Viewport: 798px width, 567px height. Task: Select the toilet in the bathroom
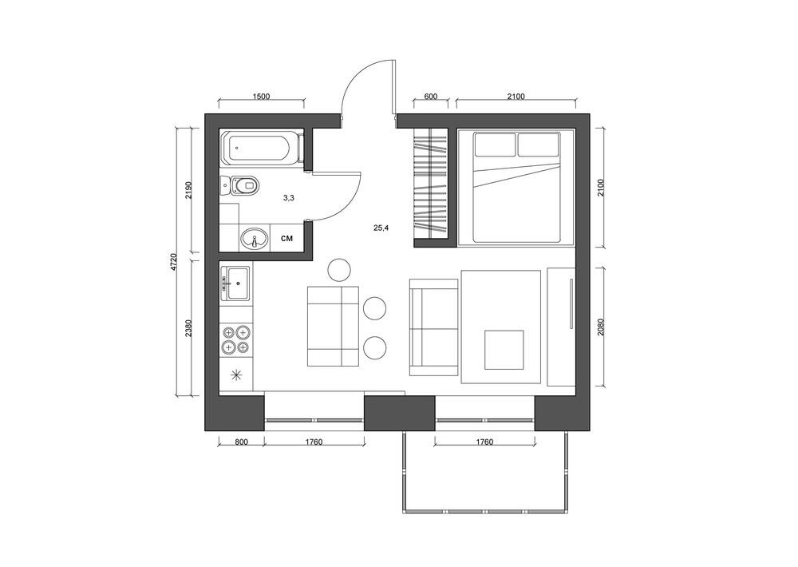pos(243,187)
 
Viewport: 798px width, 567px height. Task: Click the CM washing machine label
pos(287,238)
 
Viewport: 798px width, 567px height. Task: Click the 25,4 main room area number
pos(381,228)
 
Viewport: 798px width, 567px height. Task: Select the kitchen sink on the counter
pos(236,282)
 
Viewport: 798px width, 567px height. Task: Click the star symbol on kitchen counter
pos(236,375)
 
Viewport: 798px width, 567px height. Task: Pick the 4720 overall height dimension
pos(174,261)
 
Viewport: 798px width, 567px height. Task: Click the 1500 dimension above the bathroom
pos(261,97)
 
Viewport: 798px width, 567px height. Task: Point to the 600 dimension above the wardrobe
pos(430,97)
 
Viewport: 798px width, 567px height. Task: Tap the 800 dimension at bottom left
pos(241,442)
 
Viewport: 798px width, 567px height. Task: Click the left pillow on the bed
pos(496,145)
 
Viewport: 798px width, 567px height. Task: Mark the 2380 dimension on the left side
pos(188,328)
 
